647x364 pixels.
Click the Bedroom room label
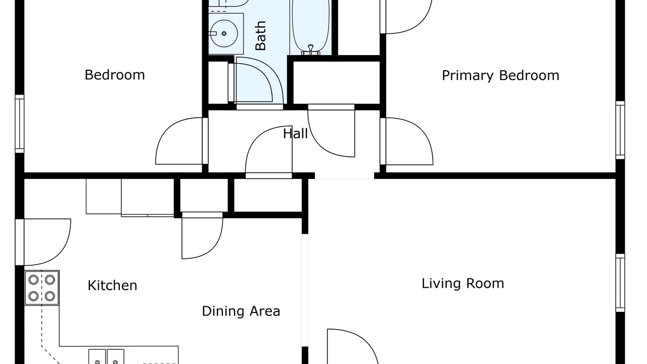click(x=115, y=75)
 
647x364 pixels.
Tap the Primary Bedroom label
click(x=500, y=76)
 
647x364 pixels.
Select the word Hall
click(x=295, y=134)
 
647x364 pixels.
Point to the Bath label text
click(x=260, y=35)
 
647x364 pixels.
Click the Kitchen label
click(x=112, y=286)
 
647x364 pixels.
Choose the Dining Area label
click(x=241, y=311)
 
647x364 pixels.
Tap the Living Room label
click(x=463, y=284)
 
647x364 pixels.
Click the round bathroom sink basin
click(x=223, y=33)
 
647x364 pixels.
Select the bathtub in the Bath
click(x=310, y=27)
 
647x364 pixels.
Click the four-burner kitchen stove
click(x=42, y=288)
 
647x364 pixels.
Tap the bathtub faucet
click(x=310, y=50)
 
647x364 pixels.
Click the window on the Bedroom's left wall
click(x=20, y=124)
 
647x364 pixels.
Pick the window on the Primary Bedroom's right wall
click(x=620, y=130)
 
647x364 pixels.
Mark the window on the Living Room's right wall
click(x=620, y=283)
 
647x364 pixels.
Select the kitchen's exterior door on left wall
click(x=43, y=242)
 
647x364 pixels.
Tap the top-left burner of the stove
click(x=33, y=280)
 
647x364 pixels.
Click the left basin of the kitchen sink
click(x=97, y=357)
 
